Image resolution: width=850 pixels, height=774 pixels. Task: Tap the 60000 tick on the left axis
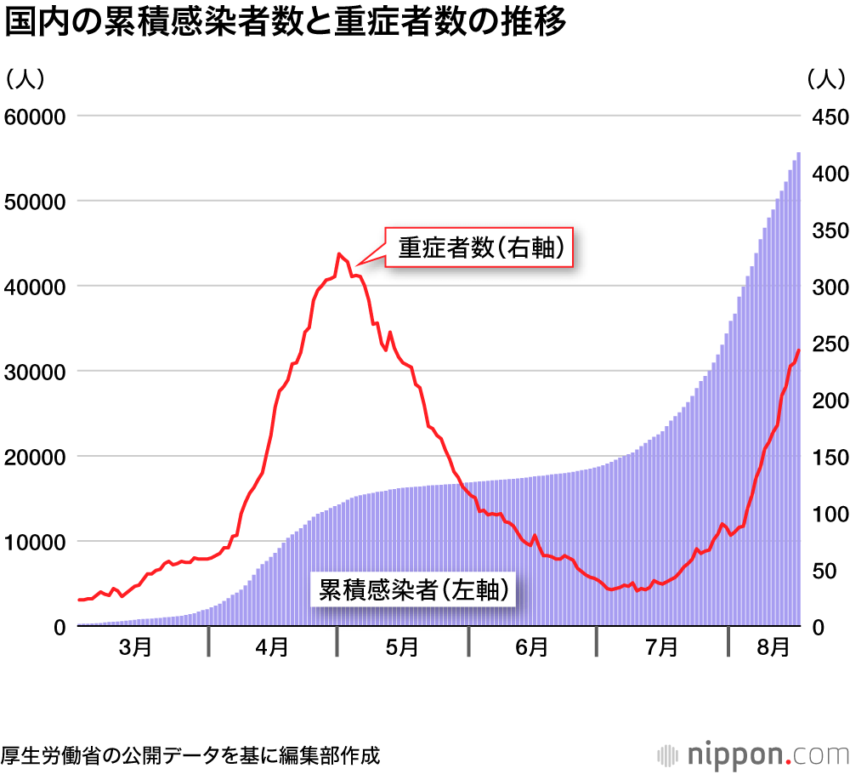[36, 116]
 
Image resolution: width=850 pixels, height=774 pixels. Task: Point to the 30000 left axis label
[36, 371]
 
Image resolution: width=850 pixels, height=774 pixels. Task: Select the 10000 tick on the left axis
[36, 541]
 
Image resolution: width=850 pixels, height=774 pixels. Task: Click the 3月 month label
[136, 648]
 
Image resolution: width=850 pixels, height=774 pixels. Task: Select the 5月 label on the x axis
[401, 648]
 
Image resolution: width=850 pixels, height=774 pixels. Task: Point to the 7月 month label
[661, 648]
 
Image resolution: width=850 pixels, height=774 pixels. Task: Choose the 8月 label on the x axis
[772, 648]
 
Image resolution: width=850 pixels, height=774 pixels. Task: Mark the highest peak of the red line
[339, 253]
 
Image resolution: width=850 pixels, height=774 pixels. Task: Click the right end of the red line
[798, 350]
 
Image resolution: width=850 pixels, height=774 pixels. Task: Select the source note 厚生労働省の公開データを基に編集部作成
[190, 754]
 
